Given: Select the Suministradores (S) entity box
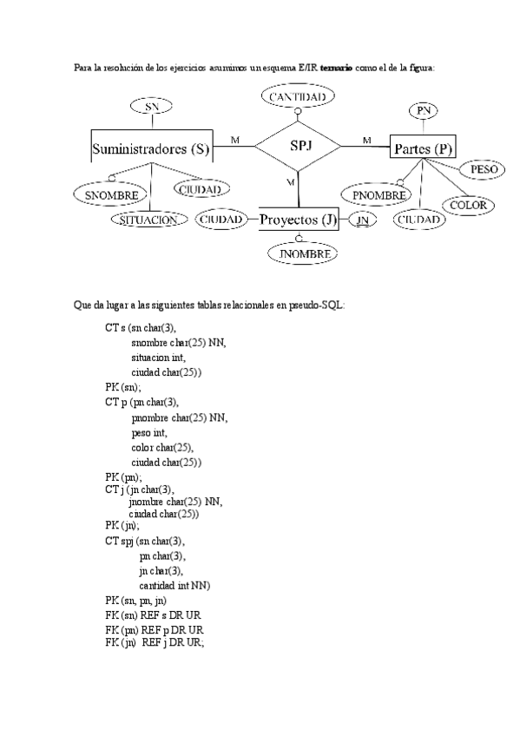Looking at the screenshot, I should click(x=151, y=148).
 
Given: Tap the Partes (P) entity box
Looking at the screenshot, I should click(x=423, y=148).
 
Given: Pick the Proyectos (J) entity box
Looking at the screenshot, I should click(x=299, y=220).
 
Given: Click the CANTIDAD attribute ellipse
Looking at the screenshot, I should click(x=297, y=98).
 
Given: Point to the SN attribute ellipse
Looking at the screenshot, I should click(x=151, y=106).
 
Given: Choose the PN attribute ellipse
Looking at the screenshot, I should click(x=424, y=110).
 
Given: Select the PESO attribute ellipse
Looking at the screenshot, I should click(x=484, y=168).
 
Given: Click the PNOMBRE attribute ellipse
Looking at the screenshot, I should click(x=374, y=195).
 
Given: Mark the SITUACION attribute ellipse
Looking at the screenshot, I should click(x=149, y=220).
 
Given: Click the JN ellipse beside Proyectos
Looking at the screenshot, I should click(x=364, y=220).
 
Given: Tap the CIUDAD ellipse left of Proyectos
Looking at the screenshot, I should click(x=221, y=220).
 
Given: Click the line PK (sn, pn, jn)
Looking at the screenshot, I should click(x=136, y=600).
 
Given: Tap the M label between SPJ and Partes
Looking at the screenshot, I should click(x=365, y=140).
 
